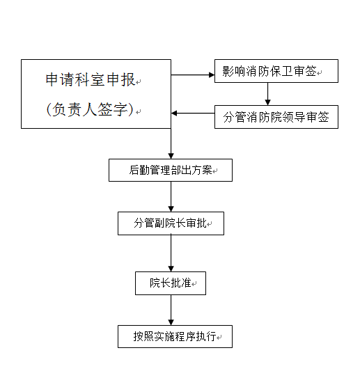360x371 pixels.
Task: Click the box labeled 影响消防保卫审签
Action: pos(276,71)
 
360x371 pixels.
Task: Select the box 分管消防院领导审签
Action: pos(276,117)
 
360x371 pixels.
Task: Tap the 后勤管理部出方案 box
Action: pos(171,170)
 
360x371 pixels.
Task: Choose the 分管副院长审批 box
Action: pos(171,223)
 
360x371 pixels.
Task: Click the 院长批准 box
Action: pos(171,283)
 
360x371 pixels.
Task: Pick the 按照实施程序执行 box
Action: pos(175,336)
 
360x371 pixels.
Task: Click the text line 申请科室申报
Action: pos(91,79)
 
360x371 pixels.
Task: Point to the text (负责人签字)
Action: pos(91,109)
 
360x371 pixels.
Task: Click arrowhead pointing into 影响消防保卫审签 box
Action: pos(212,74)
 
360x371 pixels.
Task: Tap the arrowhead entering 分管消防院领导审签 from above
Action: pos(267,102)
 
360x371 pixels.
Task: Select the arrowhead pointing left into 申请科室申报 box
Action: pos(174,113)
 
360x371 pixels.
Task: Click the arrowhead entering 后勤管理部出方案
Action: pos(171,156)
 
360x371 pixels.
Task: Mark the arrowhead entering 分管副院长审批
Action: pos(171,209)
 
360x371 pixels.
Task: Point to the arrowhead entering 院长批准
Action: pos(171,269)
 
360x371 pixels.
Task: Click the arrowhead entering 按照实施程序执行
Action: pos(171,322)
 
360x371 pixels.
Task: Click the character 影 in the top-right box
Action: pos(228,71)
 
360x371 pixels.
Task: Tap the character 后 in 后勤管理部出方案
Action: pos(134,170)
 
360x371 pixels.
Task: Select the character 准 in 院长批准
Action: pos(186,283)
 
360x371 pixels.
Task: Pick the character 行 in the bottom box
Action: pos(211,336)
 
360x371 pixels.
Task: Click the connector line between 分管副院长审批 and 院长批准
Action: pos(171,251)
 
